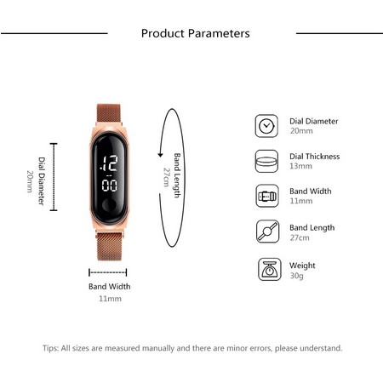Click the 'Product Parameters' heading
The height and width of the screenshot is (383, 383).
click(x=195, y=34)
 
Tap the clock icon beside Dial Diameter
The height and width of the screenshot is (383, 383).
click(x=266, y=125)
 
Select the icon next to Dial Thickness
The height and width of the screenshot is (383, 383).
click(x=266, y=161)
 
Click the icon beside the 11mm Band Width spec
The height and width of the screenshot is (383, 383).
click(x=266, y=196)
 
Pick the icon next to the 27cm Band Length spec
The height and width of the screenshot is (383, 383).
click(x=266, y=232)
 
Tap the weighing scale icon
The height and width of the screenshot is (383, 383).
click(x=266, y=270)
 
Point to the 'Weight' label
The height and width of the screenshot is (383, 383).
click(x=302, y=266)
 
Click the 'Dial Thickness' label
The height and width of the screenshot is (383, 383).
click(x=314, y=157)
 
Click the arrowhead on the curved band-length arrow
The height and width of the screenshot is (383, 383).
click(x=160, y=154)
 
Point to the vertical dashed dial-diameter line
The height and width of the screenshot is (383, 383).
click(x=54, y=176)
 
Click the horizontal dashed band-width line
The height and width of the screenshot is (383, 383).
click(x=109, y=272)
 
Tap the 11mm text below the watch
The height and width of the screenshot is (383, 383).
click(x=110, y=299)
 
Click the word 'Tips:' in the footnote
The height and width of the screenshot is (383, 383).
click(x=51, y=348)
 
